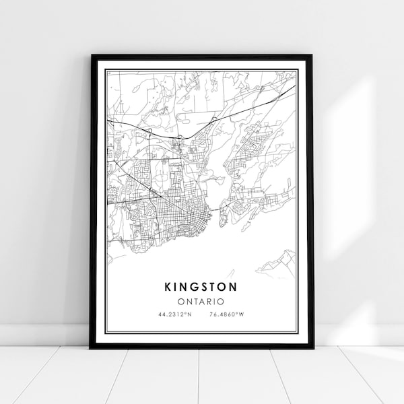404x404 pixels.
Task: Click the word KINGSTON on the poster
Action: pyautogui.click(x=200, y=286)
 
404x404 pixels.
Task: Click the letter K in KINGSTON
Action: pyautogui.click(x=167, y=286)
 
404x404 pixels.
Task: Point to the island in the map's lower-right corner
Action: pyautogui.click(x=283, y=261)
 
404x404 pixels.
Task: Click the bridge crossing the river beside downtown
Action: pyautogui.click(x=217, y=210)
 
